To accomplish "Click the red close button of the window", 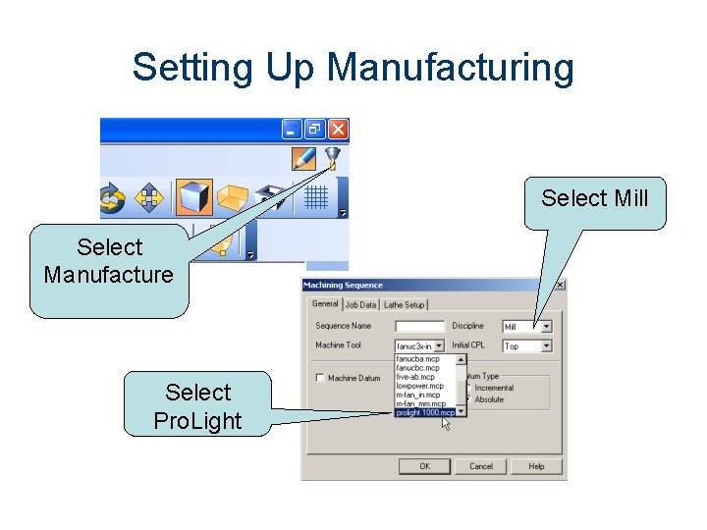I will point(338,129).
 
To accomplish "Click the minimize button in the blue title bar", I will point(292,129).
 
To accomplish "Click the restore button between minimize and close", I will point(314,129).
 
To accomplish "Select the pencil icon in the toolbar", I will point(304,157).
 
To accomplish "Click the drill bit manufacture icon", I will point(333,157).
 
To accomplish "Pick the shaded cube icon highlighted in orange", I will point(193,196).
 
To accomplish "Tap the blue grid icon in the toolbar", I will point(315,197).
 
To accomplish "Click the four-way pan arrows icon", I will point(148,197).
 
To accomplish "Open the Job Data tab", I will point(360,305).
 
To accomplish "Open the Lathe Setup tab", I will point(404,305).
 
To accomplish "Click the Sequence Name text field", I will point(419,326).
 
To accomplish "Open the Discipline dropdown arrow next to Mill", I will point(546,327).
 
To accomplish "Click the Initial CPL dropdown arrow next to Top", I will point(546,346).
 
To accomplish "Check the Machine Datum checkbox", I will point(320,378).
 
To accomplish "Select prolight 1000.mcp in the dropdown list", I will point(425,413).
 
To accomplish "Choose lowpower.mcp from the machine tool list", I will point(420,387).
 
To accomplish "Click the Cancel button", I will point(480,466).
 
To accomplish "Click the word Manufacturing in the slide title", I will point(451,68).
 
